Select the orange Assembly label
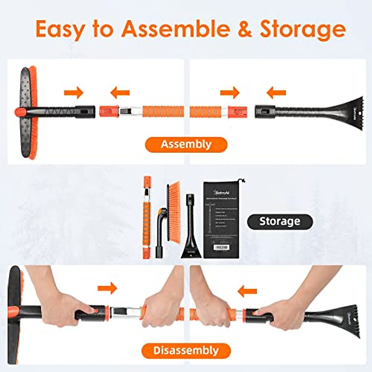click(x=186, y=144)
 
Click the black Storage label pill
click(x=280, y=221)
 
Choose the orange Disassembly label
click(x=186, y=351)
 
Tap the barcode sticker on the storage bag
click(x=221, y=247)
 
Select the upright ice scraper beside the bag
click(x=191, y=229)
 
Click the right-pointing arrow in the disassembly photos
click(x=107, y=288)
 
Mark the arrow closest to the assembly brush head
click(x=74, y=92)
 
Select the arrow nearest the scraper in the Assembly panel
click(x=276, y=92)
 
